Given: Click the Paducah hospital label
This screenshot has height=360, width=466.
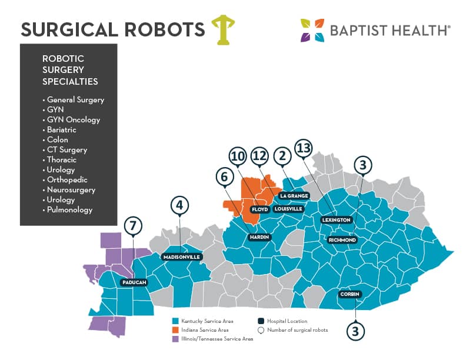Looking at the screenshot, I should pos(134,282).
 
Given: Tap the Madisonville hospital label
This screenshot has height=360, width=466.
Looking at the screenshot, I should pos(181,257).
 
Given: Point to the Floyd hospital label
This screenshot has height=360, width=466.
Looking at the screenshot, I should pos(259,209).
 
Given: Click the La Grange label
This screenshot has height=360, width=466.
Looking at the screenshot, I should pos(292,195).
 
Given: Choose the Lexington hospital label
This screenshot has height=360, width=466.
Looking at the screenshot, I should pos(336,220).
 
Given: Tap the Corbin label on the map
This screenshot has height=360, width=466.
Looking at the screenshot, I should pos(349,294).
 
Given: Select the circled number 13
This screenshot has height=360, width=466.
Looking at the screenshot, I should pos(303,148).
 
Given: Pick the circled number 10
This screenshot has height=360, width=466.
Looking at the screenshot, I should pos(238,156).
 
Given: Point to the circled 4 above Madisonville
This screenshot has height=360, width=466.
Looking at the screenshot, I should pos(179,205).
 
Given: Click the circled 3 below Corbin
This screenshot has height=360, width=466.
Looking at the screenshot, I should pos(355,330).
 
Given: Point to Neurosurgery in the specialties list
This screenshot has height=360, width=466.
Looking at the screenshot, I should pos(71,189).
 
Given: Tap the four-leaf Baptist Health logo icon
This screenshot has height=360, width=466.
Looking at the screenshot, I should pos(312,31).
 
